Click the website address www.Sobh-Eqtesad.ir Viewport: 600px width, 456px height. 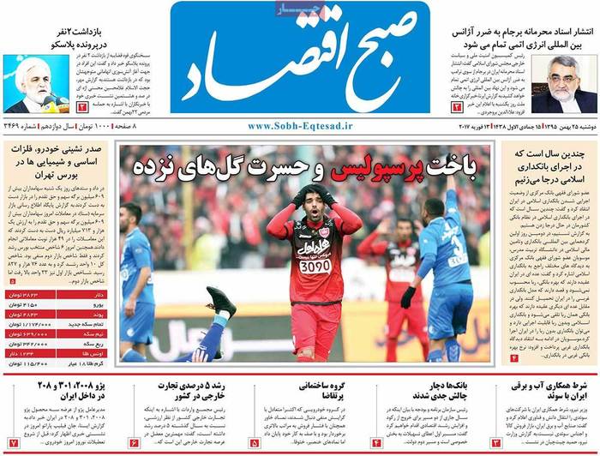click(x=300, y=125)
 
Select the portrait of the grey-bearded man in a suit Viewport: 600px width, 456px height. click(x=563, y=85)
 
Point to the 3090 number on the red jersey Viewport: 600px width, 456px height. click(x=314, y=267)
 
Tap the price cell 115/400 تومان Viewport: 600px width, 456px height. click(x=34, y=362)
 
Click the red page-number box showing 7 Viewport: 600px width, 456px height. click(x=13, y=442)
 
